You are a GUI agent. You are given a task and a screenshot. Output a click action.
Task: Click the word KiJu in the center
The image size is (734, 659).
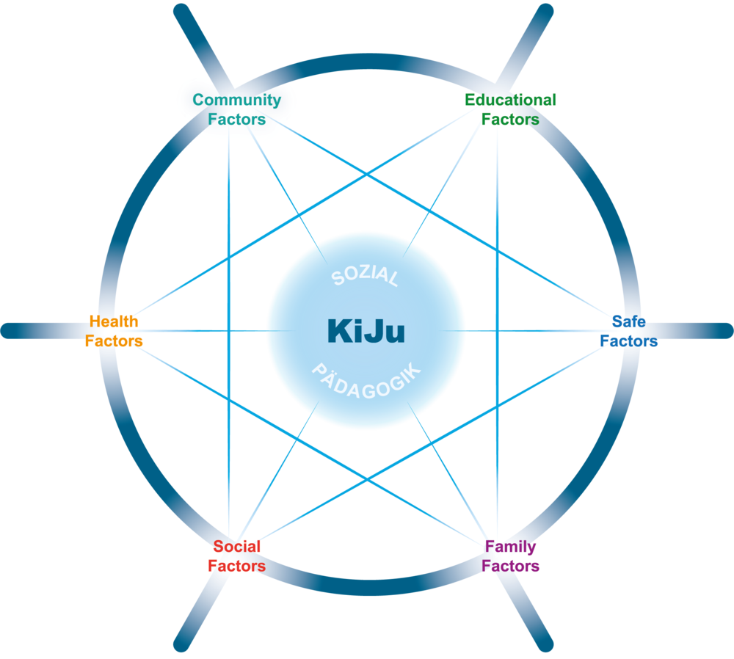click(x=366, y=331)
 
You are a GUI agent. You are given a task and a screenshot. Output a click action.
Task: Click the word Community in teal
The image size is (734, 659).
click(x=236, y=100)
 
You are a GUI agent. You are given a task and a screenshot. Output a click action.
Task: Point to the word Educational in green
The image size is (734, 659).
click(x=510, y=100)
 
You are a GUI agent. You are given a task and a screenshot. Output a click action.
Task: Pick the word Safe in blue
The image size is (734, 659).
click(x=628, y=321)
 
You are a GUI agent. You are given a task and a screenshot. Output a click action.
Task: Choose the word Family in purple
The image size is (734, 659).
click(x=510, y=547)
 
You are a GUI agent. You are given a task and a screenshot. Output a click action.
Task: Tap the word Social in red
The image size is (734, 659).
click(x=236, y=547)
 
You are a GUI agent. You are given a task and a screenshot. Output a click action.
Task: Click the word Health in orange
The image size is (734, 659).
click(x=114, y=321)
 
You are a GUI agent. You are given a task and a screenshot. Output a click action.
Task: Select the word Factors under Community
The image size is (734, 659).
click(x=236, y=119)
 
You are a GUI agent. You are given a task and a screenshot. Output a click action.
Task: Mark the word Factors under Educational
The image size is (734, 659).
click(x=510, y=119)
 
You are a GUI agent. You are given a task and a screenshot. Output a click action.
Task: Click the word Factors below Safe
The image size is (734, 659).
click(x=628, y=341)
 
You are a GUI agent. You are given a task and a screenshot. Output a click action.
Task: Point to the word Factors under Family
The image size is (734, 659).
click(x=510, y=567)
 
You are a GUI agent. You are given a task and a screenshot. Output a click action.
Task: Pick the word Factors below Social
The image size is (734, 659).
click(x=236, y=567)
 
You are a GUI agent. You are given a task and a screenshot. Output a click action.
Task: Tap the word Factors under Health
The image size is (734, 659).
click(x=114, y=341)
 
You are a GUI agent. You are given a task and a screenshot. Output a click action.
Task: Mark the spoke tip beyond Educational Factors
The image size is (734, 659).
click(x=546, y=12)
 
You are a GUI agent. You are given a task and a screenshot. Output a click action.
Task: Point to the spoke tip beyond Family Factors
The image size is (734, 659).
click(x=545, y=646)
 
